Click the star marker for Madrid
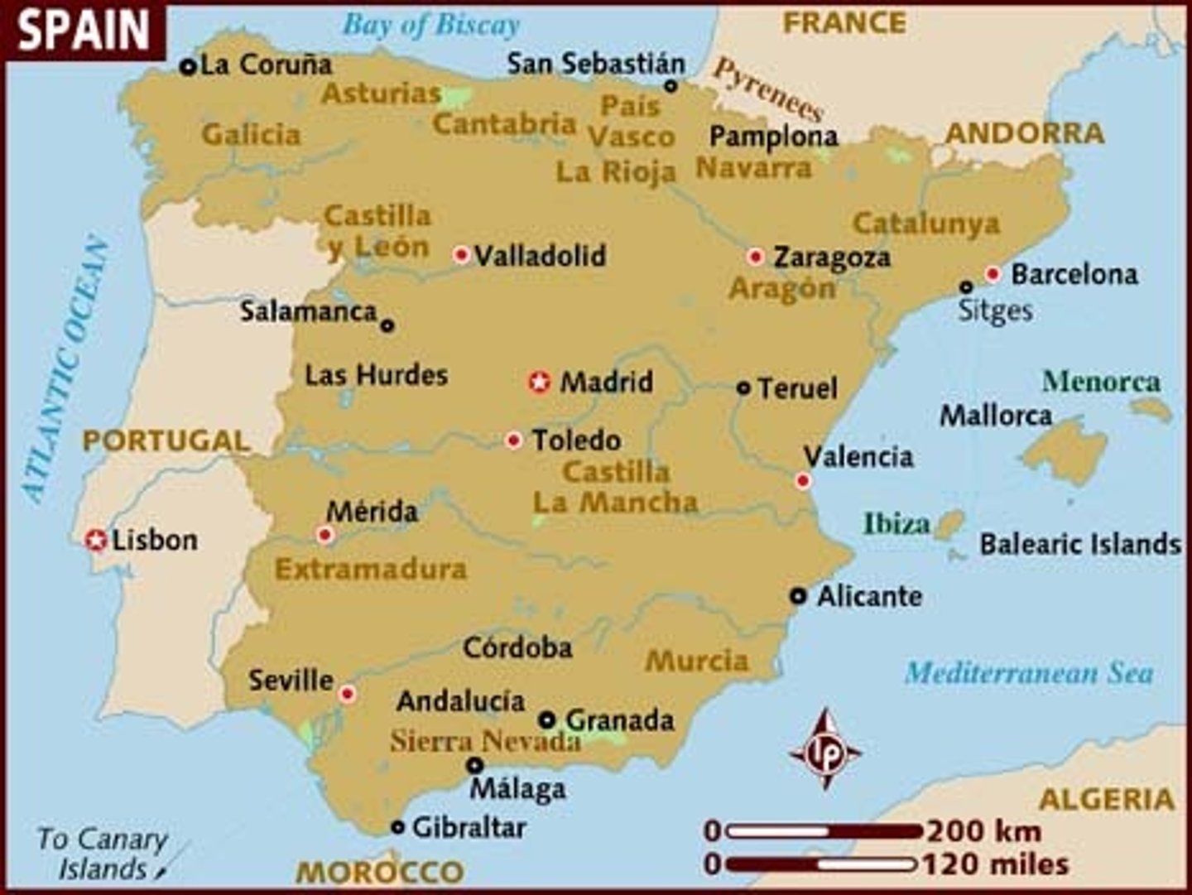(x=540, y=382)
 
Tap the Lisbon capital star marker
(x=97, y=541)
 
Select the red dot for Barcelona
(x=993, y=274)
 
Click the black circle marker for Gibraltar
(x=398, y=826)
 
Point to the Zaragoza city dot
(x=755, y=257)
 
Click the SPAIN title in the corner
(x=84, y=31)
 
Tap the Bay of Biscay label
(x=431, y=25)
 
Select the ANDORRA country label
(x=1025, y=132)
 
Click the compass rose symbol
(x=824, y=750)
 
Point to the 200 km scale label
(x=983, y=830)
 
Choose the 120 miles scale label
(x=995, y=864)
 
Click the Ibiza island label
(x=896, y=523)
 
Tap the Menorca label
(x=1101, y=381)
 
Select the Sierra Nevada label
(x=486, y=740)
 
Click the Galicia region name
(x=251, y=134)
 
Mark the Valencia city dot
(x=802, y=481)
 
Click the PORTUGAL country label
(x=166, y=440)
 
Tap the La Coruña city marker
(x=189, y=66)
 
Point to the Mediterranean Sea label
(x=1029, y=672)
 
